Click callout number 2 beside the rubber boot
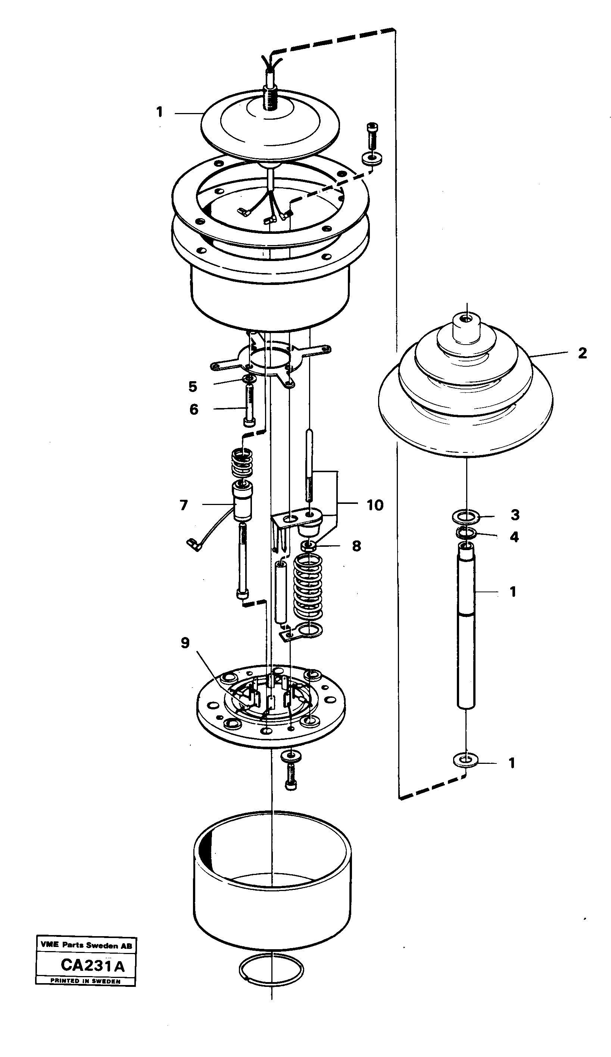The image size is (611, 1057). click(582, 353)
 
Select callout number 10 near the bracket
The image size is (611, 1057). click(375, 505)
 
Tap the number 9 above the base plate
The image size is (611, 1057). click(185, 643)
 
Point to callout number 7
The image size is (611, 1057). click(184, 505)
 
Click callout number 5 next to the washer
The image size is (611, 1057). click(193, 386)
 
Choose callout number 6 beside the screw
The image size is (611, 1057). click(193, 409)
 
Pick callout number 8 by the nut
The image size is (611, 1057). click(356, 546)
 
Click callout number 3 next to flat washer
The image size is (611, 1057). click(515, 514)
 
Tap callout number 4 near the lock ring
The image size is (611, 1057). click(514, 537)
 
